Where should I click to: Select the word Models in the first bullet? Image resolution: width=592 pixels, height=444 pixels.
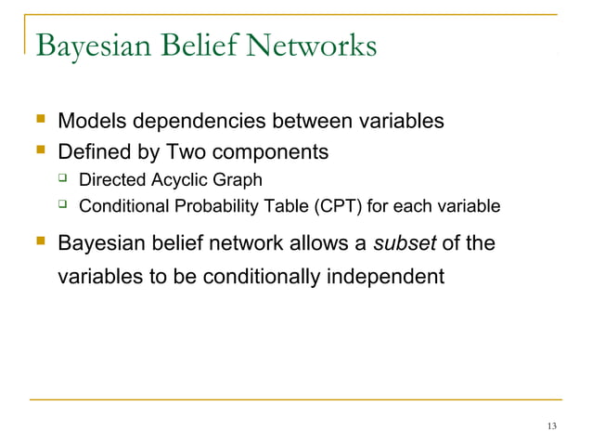[91, 121]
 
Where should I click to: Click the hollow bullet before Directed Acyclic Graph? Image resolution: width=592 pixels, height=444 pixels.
[64, 178]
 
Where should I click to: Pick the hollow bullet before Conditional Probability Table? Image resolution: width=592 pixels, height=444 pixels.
[64, 205]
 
